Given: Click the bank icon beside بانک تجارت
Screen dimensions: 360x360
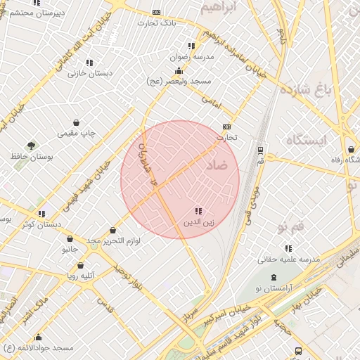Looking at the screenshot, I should (156, 13).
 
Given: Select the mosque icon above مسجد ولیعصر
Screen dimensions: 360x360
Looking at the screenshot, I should (179, 70).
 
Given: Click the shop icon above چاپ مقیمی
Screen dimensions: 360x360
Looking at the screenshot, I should (76, 122).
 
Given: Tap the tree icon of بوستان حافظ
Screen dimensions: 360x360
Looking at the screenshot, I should (31, 146).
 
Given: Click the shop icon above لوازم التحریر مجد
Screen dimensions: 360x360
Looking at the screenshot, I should (113, 230).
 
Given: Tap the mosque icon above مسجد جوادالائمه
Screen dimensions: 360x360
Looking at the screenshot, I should (38, 337).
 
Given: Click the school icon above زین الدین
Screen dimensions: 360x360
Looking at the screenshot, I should (198, 211).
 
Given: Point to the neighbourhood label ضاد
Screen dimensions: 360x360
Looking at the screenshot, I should (217, 165).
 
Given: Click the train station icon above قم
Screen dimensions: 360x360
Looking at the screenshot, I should (261, 150).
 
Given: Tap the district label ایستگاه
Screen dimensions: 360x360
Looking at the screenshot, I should (307, 141).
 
